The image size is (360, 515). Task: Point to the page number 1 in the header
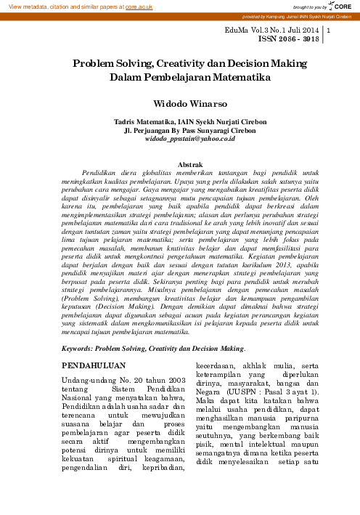(x=330, y=31)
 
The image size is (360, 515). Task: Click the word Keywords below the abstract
(x=78, y=349)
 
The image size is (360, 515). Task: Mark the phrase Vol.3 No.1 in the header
(x=277, y=30)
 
